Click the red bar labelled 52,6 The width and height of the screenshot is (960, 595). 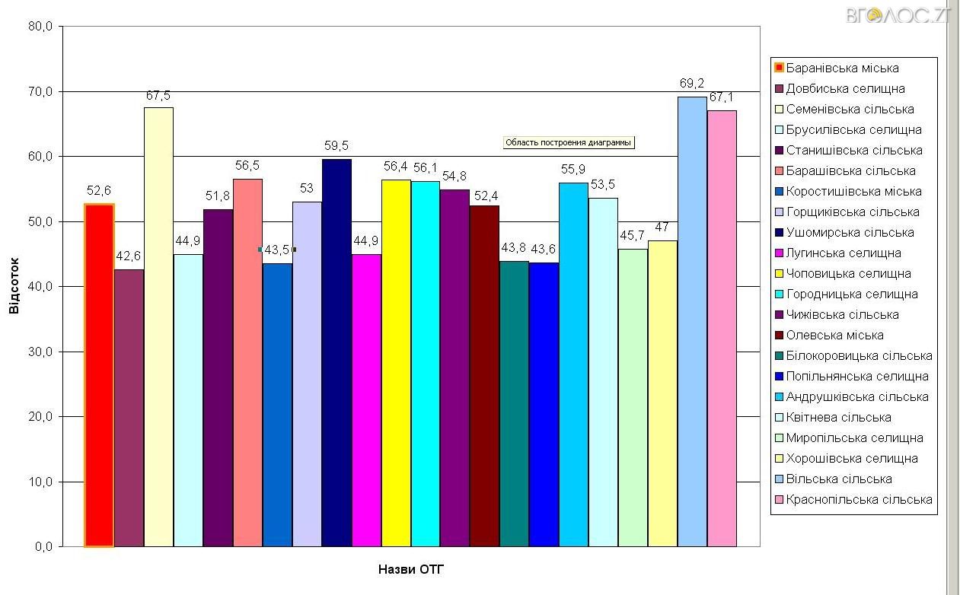pyautogui.click(x=99, y=375)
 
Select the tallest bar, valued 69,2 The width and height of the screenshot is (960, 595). pyautogui.click(x=692, y=322)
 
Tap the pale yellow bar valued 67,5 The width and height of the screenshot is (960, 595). pyautogui.click(x=158, y=327)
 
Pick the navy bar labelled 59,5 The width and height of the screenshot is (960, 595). pyautogui.click(x=336, y=352)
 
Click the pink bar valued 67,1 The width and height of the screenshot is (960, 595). pyautogui.click(x=722, y=329)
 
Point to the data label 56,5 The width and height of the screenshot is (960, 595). pyautogui.click(x=247, y=165)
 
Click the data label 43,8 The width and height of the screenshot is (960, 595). pyautogui.click(x=514, y=248)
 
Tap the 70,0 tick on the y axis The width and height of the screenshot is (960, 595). pyautogui.click(x=40, y=91)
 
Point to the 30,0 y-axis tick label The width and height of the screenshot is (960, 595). pyautogui.click(x=40, y=352)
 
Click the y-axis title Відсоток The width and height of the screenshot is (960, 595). pyautogui.click(x=14, y=285)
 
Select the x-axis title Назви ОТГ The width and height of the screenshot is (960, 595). pyautogui.click(x=410, y=569)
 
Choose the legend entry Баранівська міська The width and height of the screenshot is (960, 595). pyautogui.click(x=842, y=68)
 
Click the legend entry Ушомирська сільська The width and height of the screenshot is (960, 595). pyautogui.click(x=850, y=233)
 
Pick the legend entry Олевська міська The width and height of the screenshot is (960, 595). pyautogui.click(x=834, y=336)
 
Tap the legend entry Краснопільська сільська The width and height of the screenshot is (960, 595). pyautogui.click(x=859, y=500)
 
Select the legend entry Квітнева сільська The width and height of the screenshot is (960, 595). pyautogui.click(x=838, y=418)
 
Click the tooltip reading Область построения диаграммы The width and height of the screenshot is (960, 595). pyautogui.click(x=569, y=142)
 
